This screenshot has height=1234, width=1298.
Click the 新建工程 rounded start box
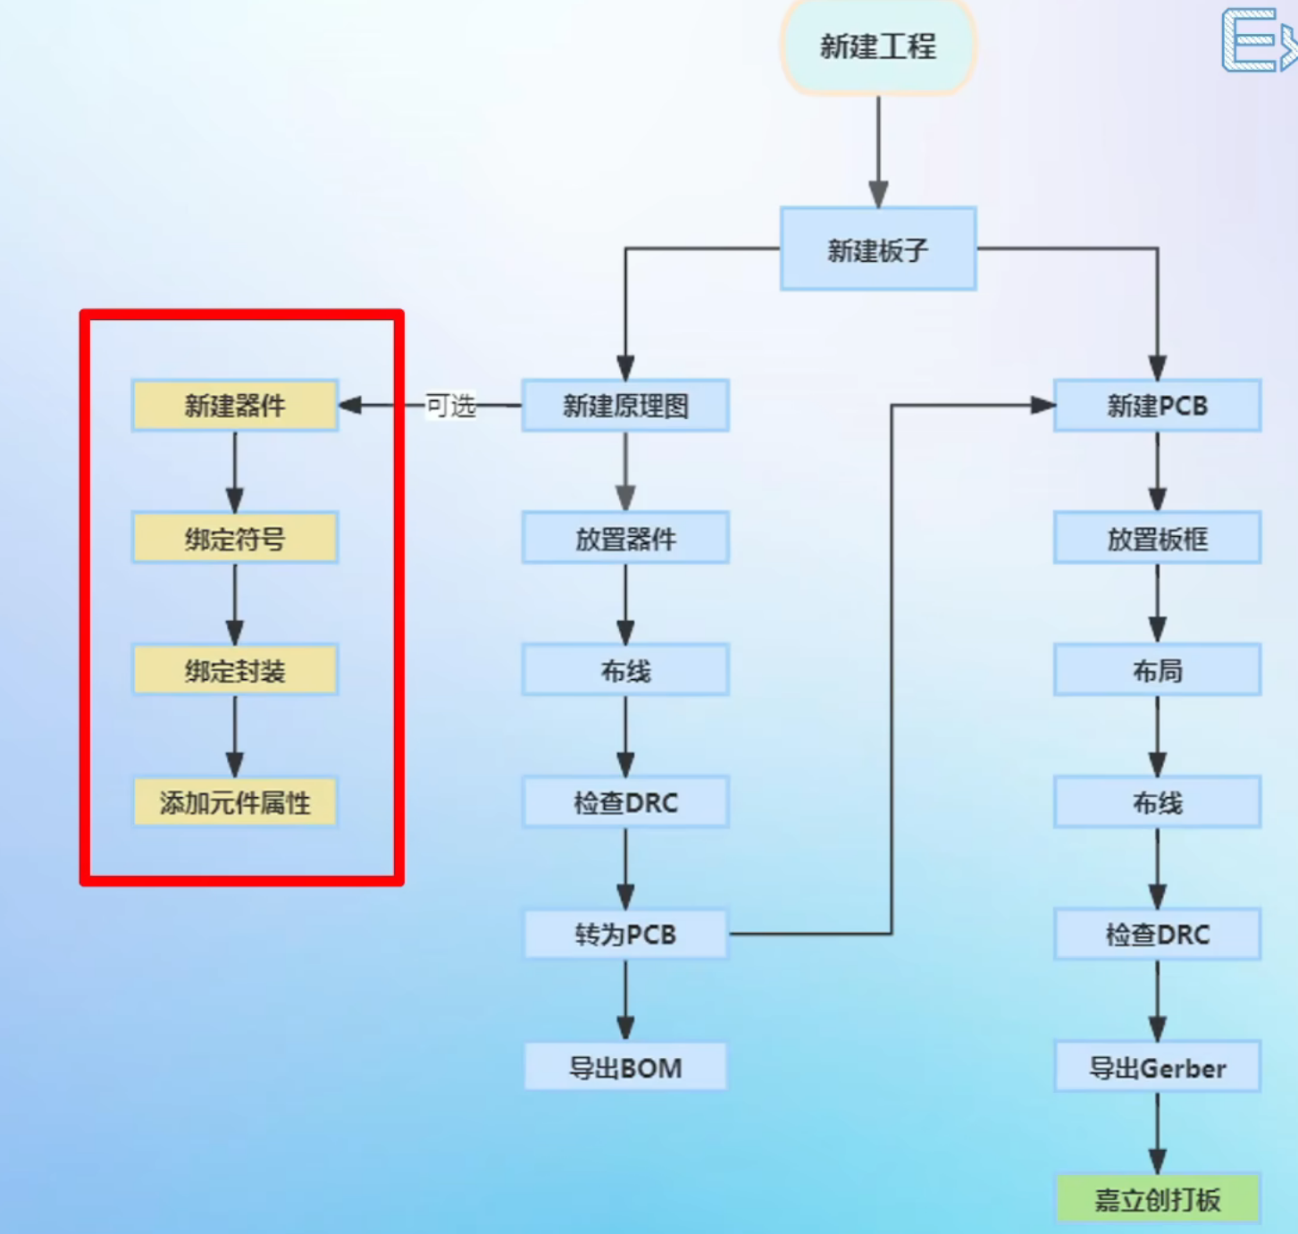click(878, 46)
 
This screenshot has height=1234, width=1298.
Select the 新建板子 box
click(878, 249)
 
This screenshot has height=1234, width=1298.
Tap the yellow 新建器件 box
click(235, 406)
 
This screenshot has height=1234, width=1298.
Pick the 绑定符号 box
click(235, 538)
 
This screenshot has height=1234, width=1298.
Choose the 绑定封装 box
click(235, 670)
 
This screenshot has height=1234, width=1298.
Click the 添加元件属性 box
click(235, 802)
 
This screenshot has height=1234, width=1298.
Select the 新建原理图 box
click(625, 406)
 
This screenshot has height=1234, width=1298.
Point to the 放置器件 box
click(625, 538)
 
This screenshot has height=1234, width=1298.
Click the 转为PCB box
click(625, 935)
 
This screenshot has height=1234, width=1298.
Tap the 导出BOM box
click(625, 1067)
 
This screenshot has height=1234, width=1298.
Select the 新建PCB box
click(1157, 406)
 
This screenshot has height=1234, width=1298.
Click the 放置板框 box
click(1157, 538)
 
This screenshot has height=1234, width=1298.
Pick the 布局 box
click(1157, 670)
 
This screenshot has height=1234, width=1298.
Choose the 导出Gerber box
click(1157, 1067)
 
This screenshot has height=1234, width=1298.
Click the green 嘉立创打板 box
click(1157, 1199)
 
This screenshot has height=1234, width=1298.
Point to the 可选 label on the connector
click(450, 406)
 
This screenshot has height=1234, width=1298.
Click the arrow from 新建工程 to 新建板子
click(878, 152)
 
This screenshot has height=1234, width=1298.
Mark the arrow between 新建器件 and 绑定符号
click(235, 472)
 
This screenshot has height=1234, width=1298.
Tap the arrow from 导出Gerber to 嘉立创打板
click(1157, 1133)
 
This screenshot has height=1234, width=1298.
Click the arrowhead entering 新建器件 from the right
click(350, 406)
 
